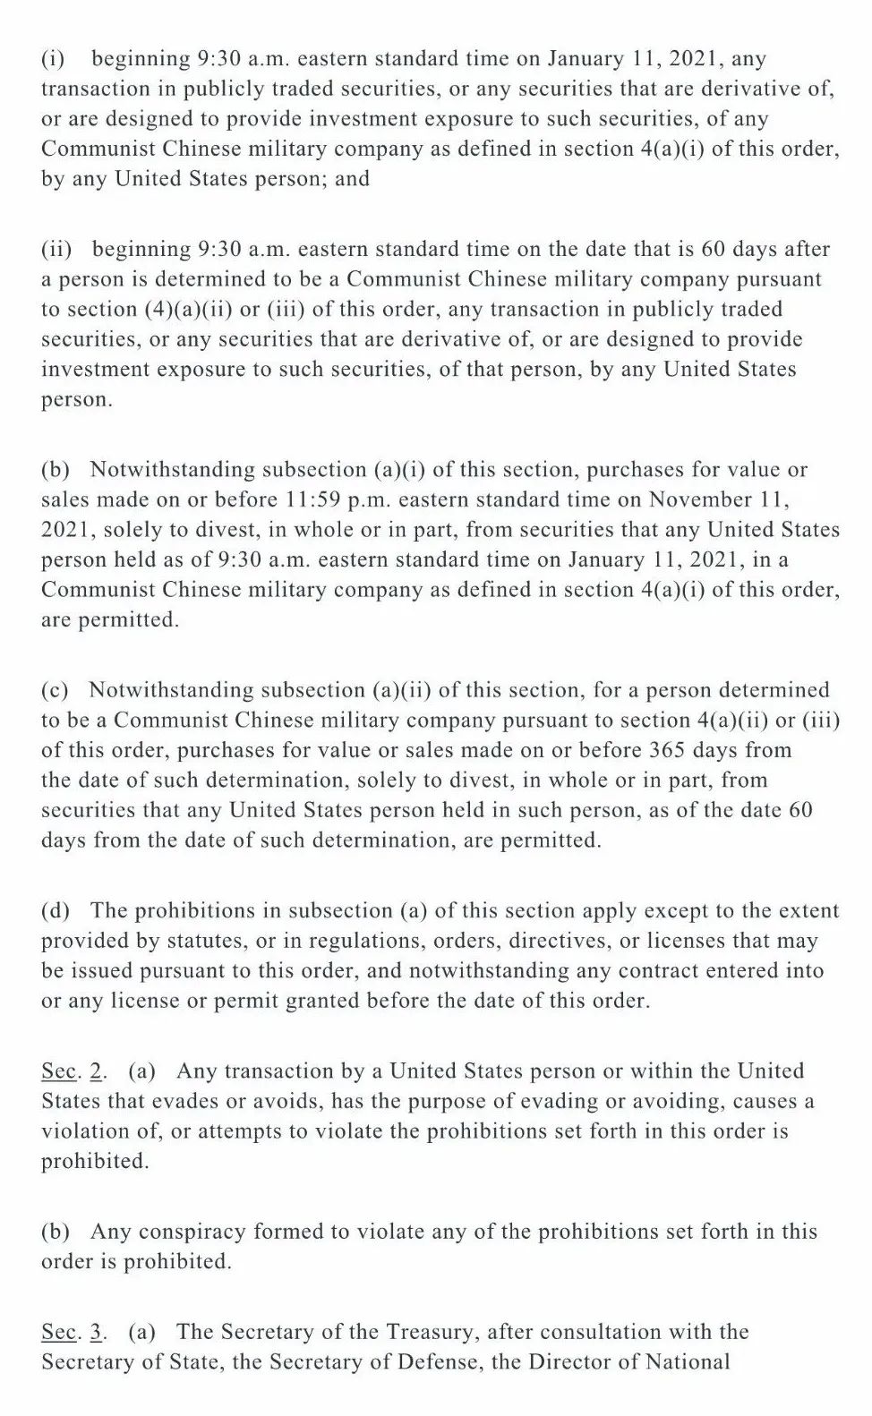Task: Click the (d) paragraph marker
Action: tap(56, 911)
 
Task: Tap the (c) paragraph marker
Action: tap(56, 690)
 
